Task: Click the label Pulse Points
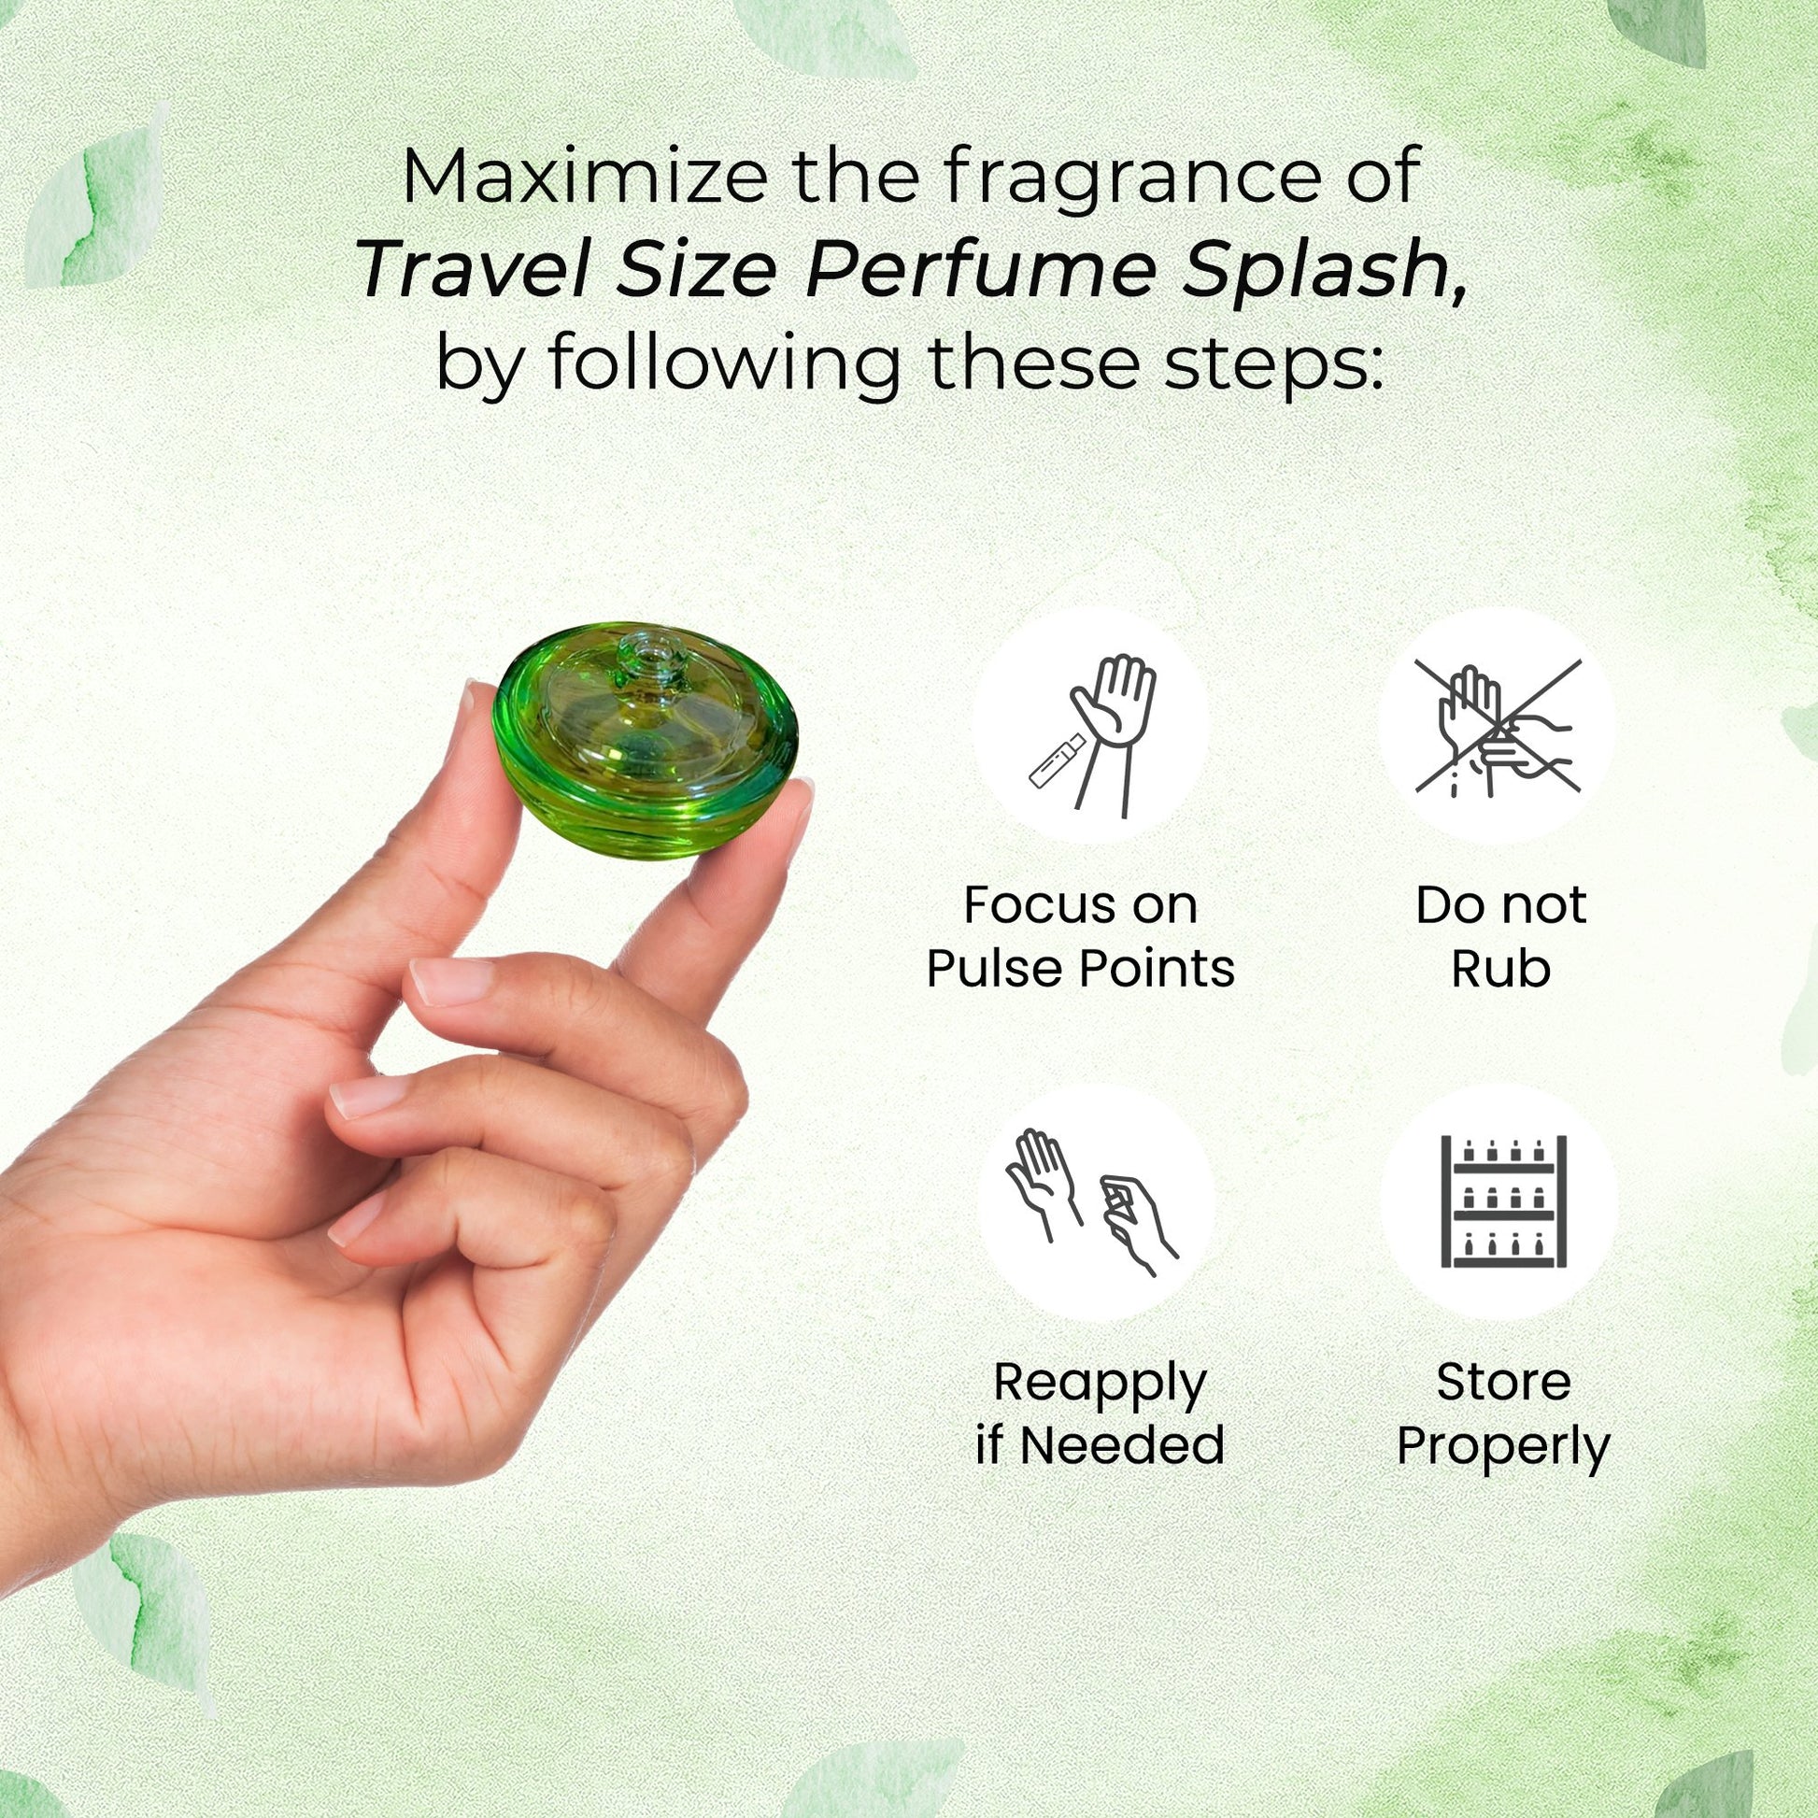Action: click(x=1080, y=968)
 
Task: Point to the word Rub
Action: click(x=1500, y=968)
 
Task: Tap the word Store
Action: click(x=1503, y=1383)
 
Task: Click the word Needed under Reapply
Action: click(x=1122, y=1445)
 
